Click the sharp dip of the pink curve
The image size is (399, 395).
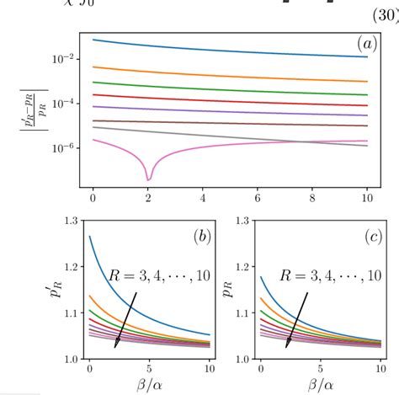149,178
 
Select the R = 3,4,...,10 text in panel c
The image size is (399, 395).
330,276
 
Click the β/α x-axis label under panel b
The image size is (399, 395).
150,386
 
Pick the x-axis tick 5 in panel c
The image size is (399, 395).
318,369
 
